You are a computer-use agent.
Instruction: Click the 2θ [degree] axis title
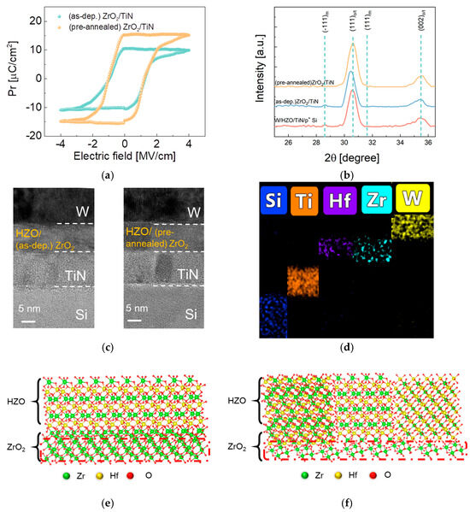pyautogui.click(x=361, y=156)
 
